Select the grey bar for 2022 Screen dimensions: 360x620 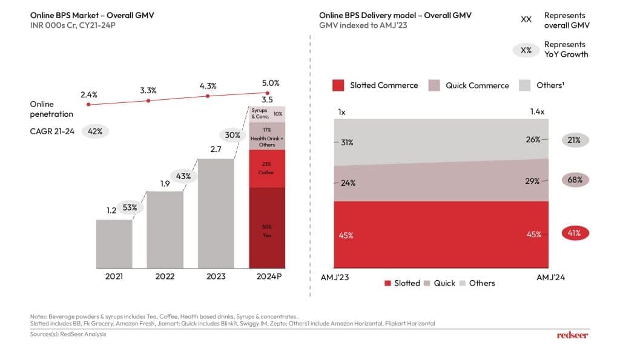coord(165,229)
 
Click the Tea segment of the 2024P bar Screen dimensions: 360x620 coord(267,227)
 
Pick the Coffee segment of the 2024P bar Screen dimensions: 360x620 coord(267,169)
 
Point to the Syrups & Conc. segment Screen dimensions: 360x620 coord(267,114)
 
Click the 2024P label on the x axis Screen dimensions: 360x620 coord(268,277)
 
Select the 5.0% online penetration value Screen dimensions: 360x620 coord(270,83)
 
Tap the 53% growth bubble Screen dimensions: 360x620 coord(130,208)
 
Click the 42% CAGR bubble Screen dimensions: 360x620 coord(94,131)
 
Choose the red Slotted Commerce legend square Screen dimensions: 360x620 coord(338,85)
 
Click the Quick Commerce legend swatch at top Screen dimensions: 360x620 coord(434,85)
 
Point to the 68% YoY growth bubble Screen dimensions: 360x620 coord(575,180)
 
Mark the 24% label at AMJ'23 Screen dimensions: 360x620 coord(348,183)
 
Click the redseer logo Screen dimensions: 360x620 coord(572,335)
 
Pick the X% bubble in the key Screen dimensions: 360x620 coord(526,50)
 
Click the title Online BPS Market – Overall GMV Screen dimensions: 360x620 coord(91,15)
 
